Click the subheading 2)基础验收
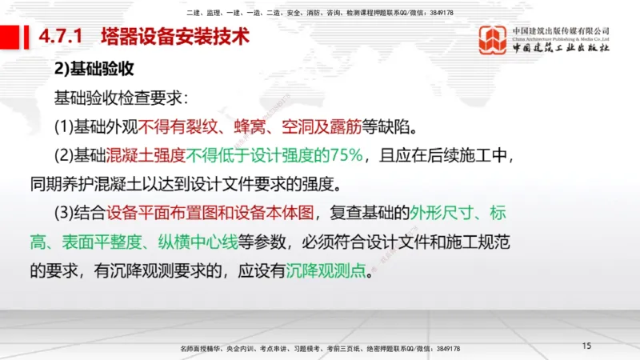click(93, 70)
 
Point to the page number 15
click(586, 346)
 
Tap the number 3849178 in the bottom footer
click(444, 349)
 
